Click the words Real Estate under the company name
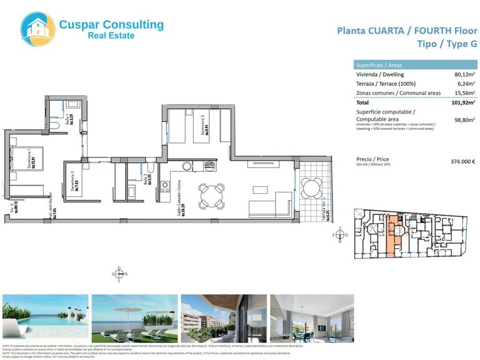click(x=111, y=36)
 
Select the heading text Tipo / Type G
click(x=446, y=44)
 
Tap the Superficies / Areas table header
click(x=381, y=65)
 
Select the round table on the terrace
click(x=311, y=187)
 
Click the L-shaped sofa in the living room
click(x=269, y=204)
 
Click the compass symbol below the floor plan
click(x=119, y=274)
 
